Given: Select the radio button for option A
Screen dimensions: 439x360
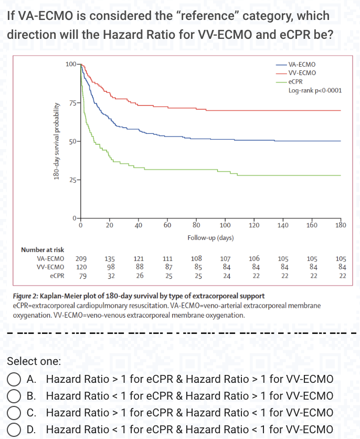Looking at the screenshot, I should [14, 379].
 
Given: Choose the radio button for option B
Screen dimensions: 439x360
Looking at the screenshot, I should [14, 396].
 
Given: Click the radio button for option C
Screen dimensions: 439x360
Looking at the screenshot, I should [14, 413].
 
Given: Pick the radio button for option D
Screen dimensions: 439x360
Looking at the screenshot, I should [14, 430].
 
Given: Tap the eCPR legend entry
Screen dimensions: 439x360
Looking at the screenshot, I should [295, 81].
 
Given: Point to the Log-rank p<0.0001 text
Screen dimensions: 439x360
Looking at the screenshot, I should [315, 90].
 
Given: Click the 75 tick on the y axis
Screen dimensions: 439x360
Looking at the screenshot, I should [72, 102].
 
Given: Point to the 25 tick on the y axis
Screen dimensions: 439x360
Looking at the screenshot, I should [72, 180].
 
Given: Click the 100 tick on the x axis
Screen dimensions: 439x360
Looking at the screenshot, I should [225, 225].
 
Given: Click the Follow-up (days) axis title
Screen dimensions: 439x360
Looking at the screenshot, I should [210, 238].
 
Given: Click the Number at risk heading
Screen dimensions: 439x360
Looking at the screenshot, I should [42, 250].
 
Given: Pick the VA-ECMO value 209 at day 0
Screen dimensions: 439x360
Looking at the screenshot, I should [81, 258].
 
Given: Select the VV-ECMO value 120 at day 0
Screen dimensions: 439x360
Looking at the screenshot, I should [81, 267].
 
